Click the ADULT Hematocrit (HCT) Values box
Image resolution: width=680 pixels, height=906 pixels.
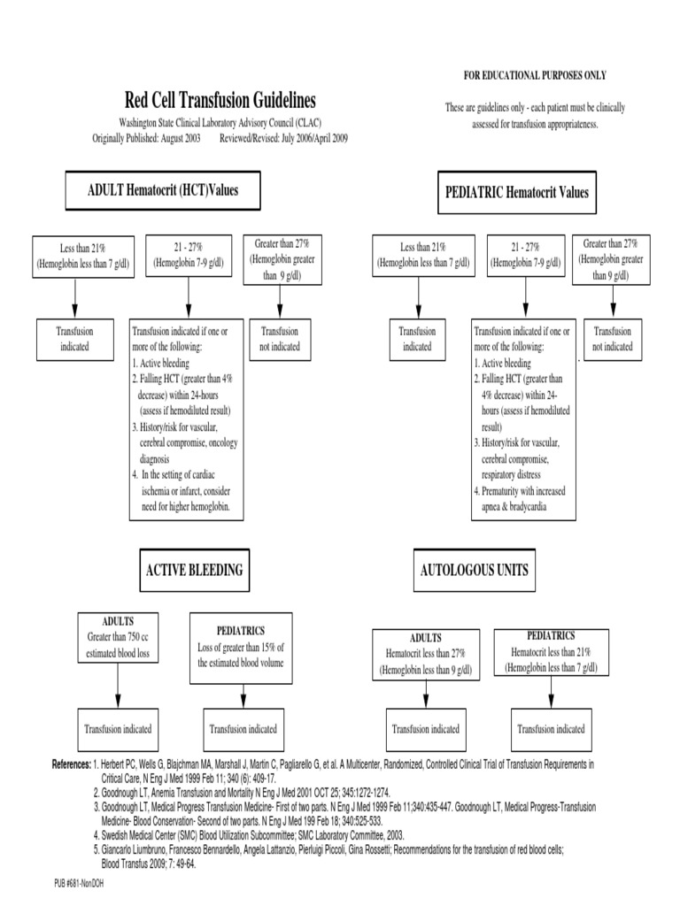pos(162,189)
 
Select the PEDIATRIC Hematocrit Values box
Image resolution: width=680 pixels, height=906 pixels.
pos(514,191)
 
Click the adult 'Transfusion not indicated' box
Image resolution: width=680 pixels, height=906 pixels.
pos(281,339)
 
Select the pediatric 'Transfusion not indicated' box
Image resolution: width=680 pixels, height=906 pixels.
pos(613,339)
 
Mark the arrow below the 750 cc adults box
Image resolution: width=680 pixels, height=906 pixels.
pos(119,686)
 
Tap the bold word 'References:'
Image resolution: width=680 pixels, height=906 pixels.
pos(72,764)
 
